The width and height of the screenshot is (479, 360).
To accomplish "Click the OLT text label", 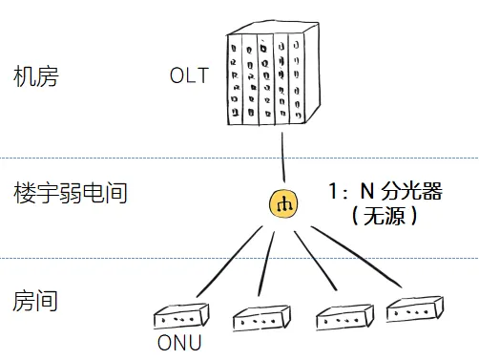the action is [189, 75].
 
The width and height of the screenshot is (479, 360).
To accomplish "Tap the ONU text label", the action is [179, 343].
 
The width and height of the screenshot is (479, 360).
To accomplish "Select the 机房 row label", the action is [36, 76].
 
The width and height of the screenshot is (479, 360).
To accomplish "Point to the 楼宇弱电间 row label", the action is [71, 193].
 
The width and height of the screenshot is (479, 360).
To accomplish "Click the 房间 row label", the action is [35, 301].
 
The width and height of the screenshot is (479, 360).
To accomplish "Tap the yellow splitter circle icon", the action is [283, 204].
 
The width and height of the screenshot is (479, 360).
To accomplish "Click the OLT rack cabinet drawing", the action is [274, 74].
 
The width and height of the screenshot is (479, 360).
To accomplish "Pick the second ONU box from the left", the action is [261, 318].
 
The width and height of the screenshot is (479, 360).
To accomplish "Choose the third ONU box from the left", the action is [344, 317].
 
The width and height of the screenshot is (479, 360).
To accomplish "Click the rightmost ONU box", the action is [415, 309].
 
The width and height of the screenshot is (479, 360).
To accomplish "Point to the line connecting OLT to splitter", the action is [283, 158].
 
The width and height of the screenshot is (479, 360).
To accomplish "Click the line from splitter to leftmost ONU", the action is [230, 262].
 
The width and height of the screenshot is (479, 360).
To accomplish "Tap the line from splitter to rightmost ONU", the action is [356, 256].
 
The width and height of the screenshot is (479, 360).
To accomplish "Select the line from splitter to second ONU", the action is [266, 264].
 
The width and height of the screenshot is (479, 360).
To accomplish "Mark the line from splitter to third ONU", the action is [315, 261].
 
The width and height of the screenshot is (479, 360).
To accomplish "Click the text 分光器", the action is [411, 191].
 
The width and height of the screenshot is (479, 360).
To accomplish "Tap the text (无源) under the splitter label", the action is [385, 216].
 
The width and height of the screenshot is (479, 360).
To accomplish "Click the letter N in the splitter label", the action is [366, 191].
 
